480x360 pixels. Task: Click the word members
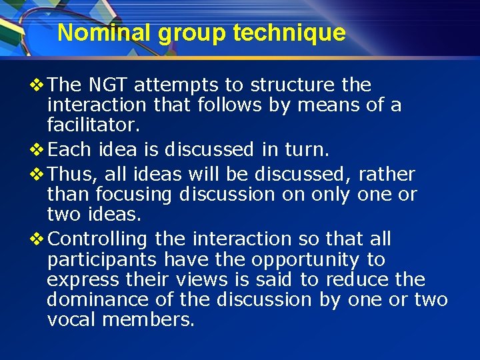[148, 319]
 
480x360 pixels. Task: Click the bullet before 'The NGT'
[39, 85]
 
